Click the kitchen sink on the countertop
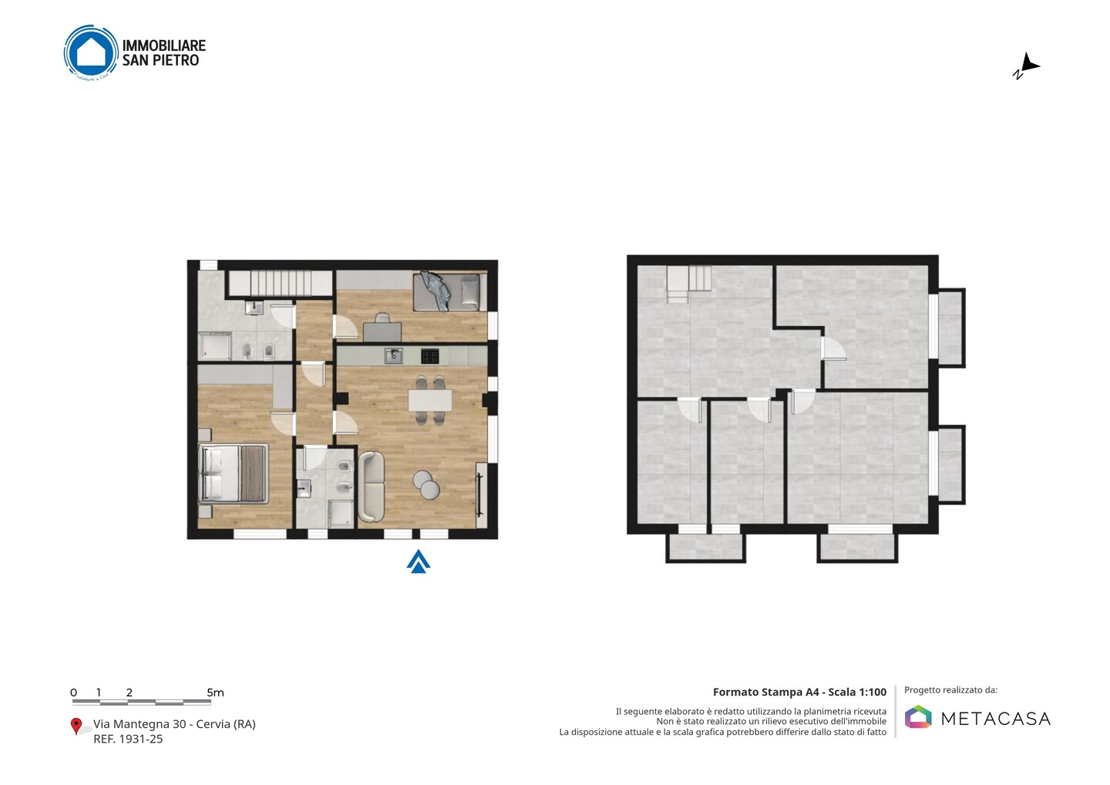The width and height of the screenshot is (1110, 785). [394, 355]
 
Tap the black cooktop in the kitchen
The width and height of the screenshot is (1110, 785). [429, 355]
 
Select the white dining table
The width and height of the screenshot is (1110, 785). [430, 400]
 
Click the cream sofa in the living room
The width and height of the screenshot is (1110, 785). [371, 487]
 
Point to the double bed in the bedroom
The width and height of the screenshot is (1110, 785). [234, 473]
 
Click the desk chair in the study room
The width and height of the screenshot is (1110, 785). [382, 318]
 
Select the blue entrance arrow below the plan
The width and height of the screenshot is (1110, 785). [419, 561]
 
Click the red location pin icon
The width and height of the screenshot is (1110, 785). [76, 726]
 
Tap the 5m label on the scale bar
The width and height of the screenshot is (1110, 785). [216, 692]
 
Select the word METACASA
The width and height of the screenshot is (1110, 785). [996, 719]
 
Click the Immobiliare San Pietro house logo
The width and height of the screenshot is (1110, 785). [91, 52]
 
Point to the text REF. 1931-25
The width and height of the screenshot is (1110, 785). [128, 739]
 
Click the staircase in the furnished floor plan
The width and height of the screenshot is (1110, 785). [280, 283]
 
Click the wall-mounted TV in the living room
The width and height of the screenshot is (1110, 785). [479, 494]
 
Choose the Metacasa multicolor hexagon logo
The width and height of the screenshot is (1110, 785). [918, 716]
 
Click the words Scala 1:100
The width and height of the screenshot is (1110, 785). [857, 692]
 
